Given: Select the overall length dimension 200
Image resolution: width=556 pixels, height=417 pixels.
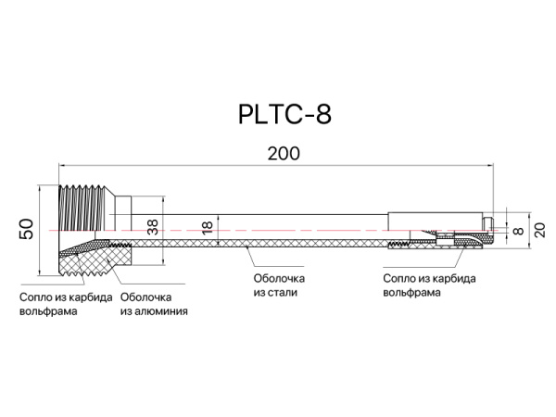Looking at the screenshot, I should [x=284, y=155].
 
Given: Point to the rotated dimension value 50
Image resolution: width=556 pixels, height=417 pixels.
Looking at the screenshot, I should [x=27, y=229].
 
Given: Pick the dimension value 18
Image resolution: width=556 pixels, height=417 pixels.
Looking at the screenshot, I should [x=208, y=225].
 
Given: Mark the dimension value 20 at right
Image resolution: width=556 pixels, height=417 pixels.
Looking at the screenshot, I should [x=538, y=227].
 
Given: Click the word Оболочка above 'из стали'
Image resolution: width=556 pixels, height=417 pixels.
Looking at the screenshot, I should [x=278, y=278].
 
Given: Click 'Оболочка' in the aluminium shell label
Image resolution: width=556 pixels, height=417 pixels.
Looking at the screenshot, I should [x=146, y=297].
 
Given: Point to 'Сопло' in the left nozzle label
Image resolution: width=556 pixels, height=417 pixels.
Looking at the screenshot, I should [x=36, y=297].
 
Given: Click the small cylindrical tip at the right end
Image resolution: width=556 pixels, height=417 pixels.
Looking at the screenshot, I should [x=487, y=224].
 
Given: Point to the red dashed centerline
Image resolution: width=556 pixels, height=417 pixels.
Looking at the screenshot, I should [x=278, y=228].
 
